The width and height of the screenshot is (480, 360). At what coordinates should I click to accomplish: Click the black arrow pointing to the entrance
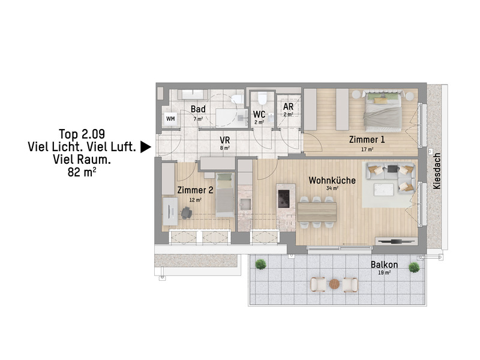point(145,147)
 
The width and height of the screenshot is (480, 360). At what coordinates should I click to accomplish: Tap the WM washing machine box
point(170,118)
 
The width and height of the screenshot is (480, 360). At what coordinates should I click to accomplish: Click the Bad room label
point(198,109)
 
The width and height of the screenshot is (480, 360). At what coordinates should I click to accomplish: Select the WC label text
point(259,115)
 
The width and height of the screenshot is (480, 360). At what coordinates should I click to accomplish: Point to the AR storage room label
point(289,107)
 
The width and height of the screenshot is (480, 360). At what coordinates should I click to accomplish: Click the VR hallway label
point(224,140)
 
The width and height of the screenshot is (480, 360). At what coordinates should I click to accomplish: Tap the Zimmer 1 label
point(367,140)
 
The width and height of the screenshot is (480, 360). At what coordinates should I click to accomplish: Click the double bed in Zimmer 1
point(382,111)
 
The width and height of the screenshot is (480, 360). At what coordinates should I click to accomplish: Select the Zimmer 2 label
point(196,190)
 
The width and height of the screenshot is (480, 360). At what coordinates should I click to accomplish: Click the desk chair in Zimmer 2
point(186,213)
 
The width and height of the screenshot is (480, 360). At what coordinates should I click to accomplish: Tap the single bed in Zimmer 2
point(225,194)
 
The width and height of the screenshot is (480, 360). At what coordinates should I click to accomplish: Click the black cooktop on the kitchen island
point(283,199)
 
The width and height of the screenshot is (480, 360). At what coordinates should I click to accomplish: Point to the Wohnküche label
point(332,181)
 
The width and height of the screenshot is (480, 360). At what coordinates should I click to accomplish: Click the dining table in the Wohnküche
point(317,212)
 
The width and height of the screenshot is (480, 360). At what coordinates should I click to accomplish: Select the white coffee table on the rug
point(383,189)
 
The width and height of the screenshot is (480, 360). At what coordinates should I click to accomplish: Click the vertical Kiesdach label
point(437,171)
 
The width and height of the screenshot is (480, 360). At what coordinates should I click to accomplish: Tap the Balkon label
point(384,265)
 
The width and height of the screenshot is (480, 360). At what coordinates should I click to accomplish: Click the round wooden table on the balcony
point(334,284)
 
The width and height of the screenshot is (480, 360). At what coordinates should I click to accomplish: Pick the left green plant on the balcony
point(260,264)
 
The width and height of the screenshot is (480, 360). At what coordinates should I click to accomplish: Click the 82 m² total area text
point(82,172)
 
